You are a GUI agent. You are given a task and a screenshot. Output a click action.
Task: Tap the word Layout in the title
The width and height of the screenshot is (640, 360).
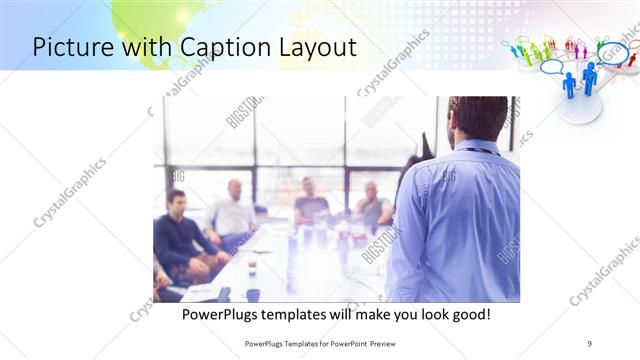point(313,48)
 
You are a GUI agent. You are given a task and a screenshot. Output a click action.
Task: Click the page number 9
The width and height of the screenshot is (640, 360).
point(590,343)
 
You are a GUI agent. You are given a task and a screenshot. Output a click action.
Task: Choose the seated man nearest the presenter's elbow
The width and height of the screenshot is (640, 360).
point(373,205)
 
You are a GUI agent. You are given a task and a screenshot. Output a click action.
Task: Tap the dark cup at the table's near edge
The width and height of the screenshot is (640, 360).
point(252,294)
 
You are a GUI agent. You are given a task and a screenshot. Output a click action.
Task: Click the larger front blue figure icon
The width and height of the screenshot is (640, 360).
point(569,86)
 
